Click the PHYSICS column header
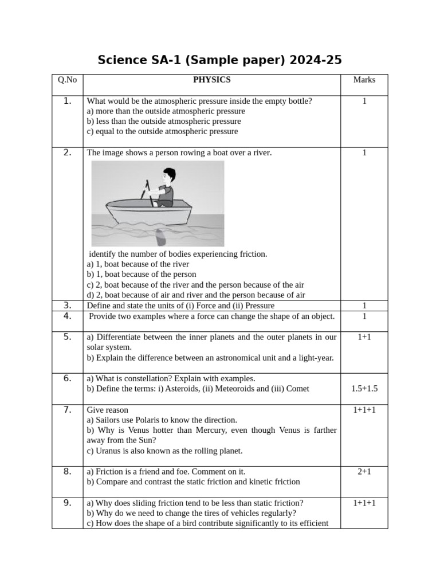(x=211, y=80)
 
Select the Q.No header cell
(x=67, y=80)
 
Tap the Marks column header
(x=364, y=80)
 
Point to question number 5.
(x=67, y=336)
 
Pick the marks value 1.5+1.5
(x=364, y=389)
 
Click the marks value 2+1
(x=364, y=471)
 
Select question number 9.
(x=67, y=503)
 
